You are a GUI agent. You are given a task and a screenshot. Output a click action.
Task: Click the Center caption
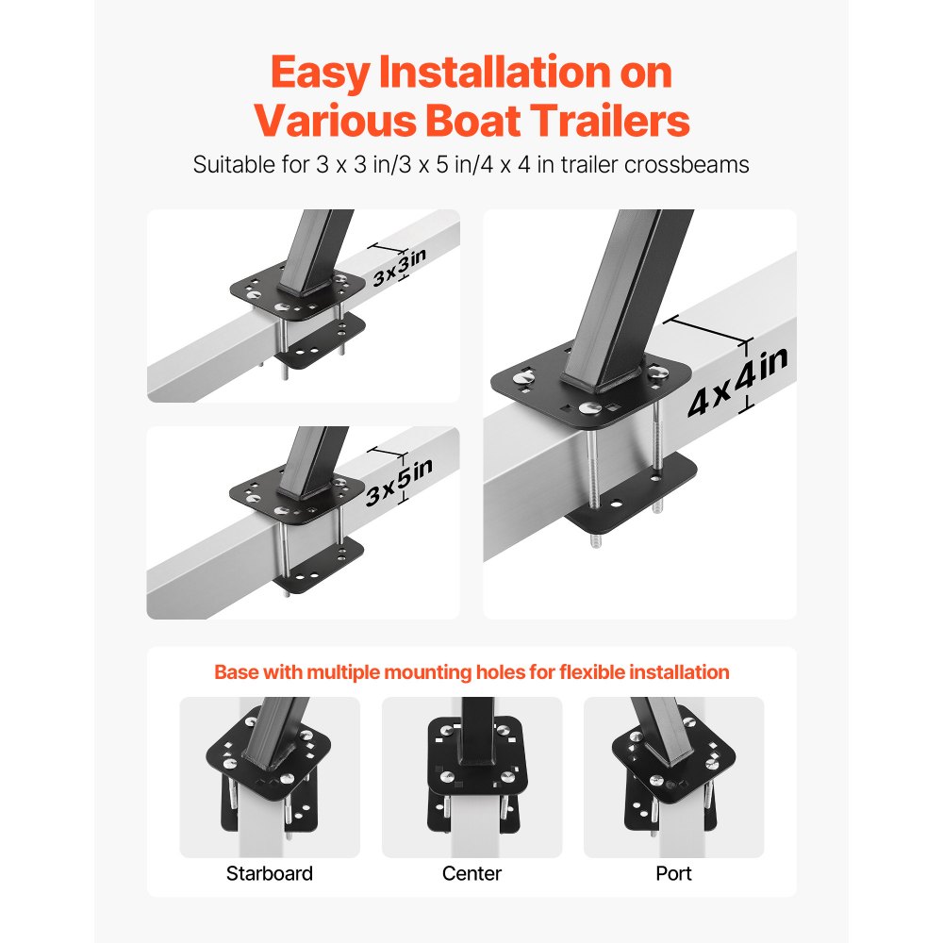coord(471,873)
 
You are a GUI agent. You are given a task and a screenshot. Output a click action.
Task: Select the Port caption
coord(673,873)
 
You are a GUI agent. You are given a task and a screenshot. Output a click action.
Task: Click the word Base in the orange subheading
coord(238,672)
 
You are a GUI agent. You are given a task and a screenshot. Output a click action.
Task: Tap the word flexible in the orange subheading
coord(594,672)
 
